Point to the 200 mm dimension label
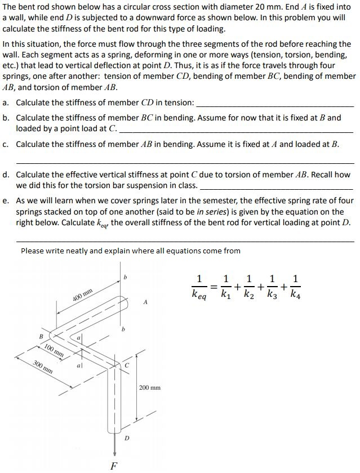(x=149, y=387)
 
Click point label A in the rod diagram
(x=145, y=303)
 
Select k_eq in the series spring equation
(x=199, y=294)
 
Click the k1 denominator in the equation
(x=226, y=294)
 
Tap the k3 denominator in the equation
(x=274, y=294)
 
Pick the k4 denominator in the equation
(x=297, y=294)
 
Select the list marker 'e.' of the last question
(x=6, y=200)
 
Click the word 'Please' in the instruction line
(x=33, y=251)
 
